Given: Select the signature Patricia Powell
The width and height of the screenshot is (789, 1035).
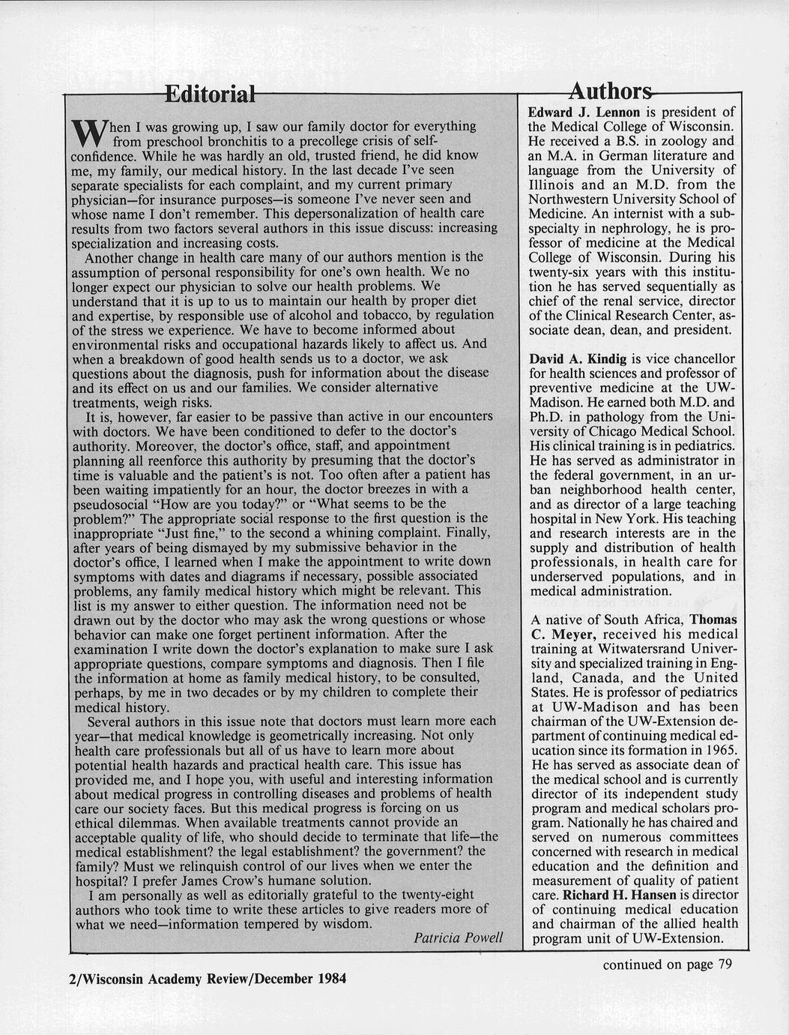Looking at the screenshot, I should pyautogui.click(x=458, y=938).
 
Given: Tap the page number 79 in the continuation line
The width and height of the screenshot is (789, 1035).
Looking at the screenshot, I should pyautogui.click(x=724, y=964).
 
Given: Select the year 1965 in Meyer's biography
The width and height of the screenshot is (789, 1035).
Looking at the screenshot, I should pyautogui.click(x=721, y=750).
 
